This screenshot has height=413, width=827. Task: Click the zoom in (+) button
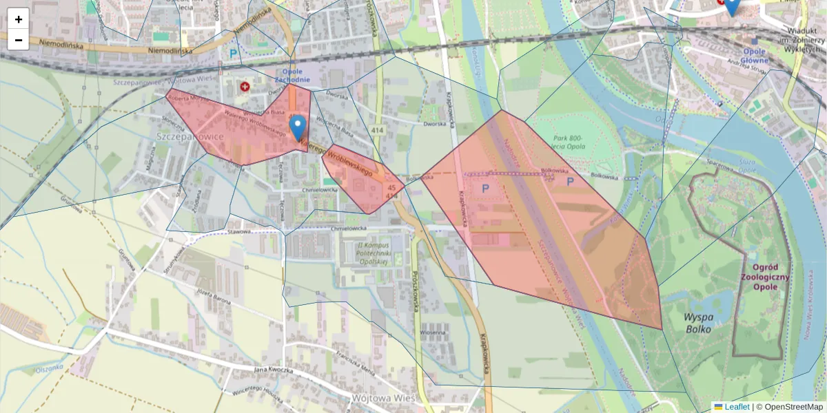[x=19, y=19]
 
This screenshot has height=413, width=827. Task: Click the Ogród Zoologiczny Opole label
[x=766, y=277]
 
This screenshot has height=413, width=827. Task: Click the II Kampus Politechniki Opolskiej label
[x=373, y=253]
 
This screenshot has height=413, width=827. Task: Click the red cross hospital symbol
[x=245, y=87]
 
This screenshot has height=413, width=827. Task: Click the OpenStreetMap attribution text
[x=789, y=407]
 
